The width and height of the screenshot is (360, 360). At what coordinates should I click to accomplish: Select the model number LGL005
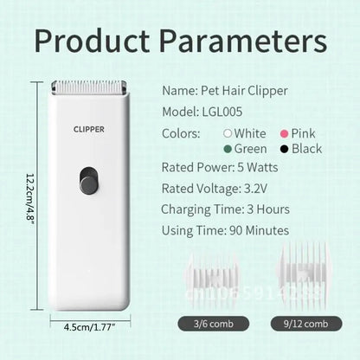[x=225, y=112]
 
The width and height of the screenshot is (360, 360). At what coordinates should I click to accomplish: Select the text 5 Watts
[x=264, y=167]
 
